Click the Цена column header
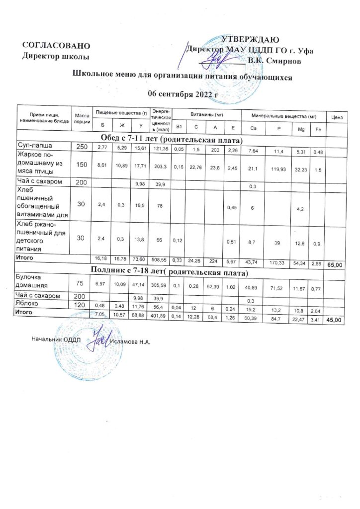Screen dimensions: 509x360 point(336,117)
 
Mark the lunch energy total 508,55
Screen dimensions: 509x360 point(162,259)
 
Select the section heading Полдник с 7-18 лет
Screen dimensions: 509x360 point(171,273)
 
